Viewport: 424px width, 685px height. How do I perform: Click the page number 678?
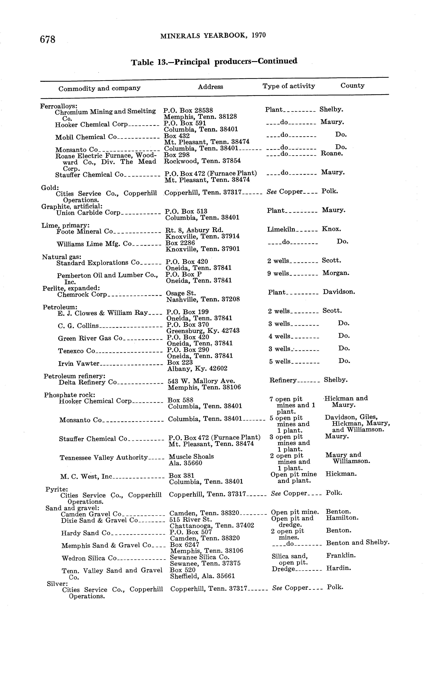(x=48, y=39)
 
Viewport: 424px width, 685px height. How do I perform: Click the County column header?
(x=353, y=86)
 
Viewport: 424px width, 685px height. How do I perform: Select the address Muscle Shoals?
(x=191, y=457)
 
